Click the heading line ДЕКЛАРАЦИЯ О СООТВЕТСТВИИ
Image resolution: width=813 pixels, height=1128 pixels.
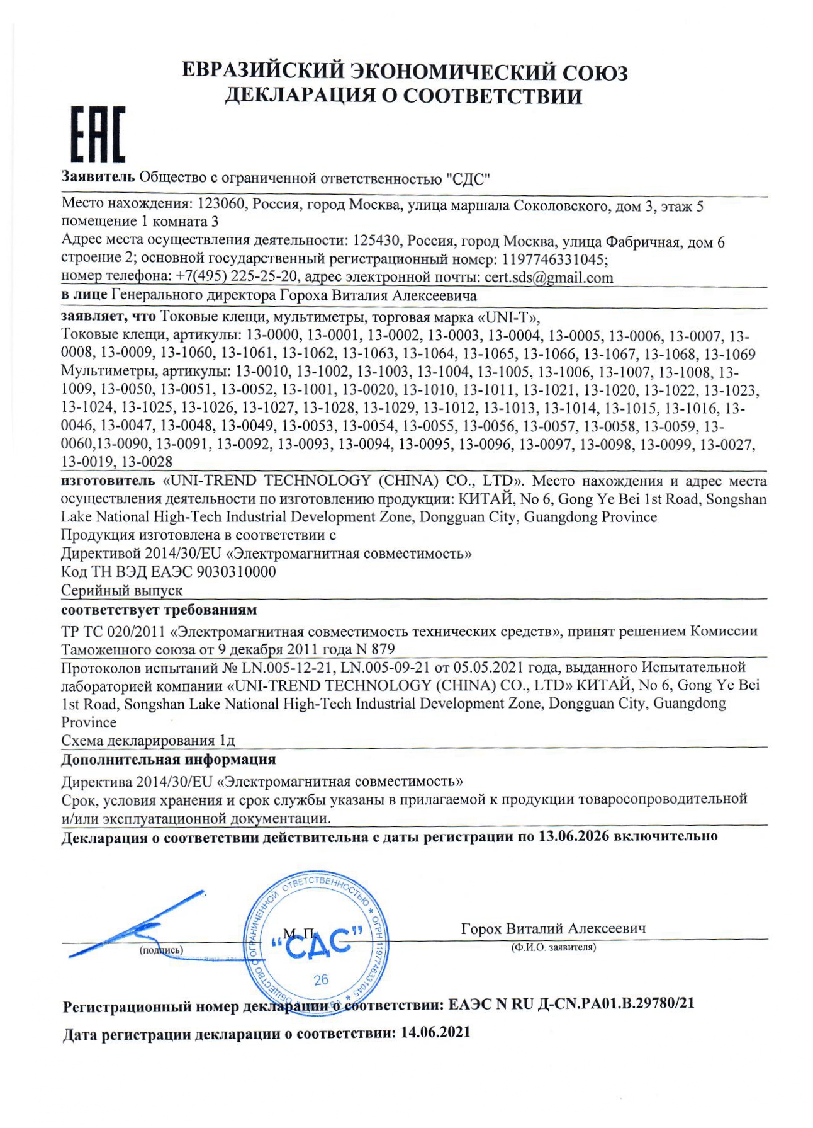pyautogui.click(x=403, y=96)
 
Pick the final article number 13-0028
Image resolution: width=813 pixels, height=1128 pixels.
pyautogui.click(x=147, y=462)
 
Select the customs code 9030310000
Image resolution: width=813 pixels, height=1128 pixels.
pyautogui.click(x=236, y=572)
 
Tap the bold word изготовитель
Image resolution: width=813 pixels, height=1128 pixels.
pyautogui.click(x=108, y=481)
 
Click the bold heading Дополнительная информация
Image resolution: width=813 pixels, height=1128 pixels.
pyautogui.click(x=168, y=759)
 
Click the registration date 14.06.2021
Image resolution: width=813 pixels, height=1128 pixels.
pyautogui.click(x=435, y=1033)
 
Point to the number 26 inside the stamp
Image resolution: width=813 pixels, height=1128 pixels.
pyautogui.click(x=321, y=979)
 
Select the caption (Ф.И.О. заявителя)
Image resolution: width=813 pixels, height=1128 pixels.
pyautogui.click(x=554, y=947)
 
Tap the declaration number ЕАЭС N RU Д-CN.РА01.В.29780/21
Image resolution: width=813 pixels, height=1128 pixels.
pyautogui.click(x=571, y=1004)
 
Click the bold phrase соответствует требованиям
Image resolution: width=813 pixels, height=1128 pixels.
pyautogui.click(x=159, y=610)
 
